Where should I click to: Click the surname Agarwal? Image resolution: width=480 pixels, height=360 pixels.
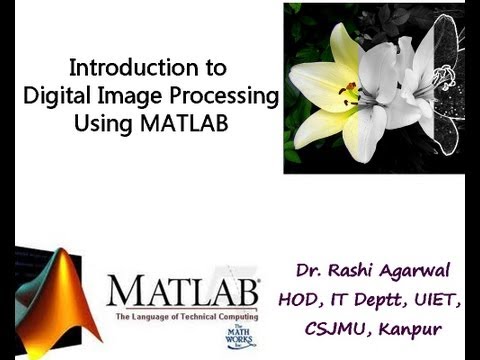[425, 271]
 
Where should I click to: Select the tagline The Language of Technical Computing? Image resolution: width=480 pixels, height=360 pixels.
[185, 317]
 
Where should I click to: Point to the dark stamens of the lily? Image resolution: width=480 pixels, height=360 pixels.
[349, 95]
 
